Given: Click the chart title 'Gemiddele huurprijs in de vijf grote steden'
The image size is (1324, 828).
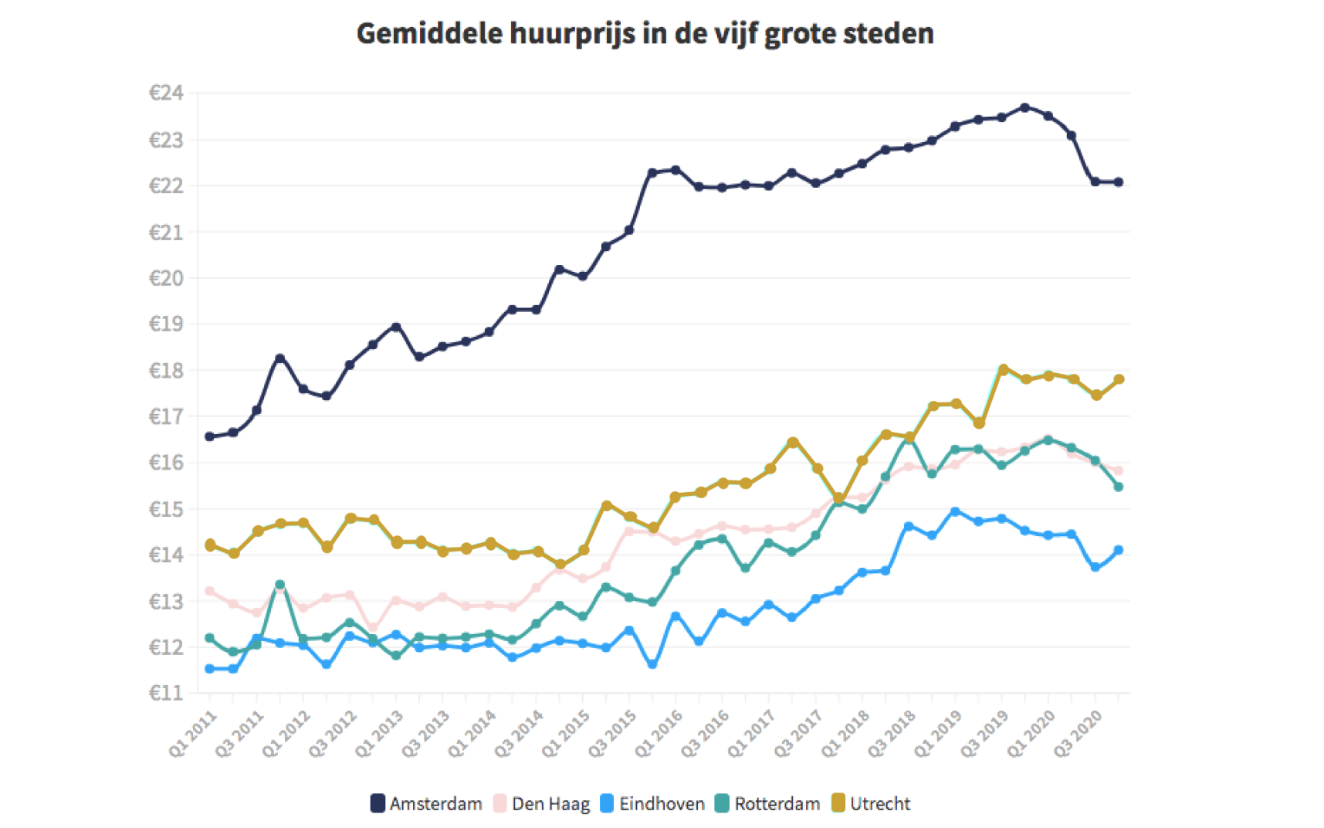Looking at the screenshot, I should click(645, 34).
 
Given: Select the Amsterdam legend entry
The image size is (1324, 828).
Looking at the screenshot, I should click(426, 803).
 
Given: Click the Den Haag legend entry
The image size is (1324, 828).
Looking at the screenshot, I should click(541, 803).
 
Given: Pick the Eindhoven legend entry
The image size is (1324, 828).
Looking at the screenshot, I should click(652, 803).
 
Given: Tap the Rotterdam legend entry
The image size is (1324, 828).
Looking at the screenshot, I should click(767, 803).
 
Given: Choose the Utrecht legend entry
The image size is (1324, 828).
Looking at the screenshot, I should click(871, 803).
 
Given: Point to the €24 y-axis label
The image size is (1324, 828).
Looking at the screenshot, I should click(166, 93).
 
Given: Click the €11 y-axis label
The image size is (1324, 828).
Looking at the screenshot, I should click(166, 693).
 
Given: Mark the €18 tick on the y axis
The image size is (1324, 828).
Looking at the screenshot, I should click(166, 371).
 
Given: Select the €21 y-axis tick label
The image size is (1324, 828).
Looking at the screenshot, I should click(166, 232).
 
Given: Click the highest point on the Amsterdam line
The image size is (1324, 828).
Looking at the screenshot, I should click(1025, 107).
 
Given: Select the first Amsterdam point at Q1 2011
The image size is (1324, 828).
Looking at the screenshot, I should click(209, 436).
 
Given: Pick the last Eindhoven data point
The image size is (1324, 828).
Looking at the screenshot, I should click(1119, 550).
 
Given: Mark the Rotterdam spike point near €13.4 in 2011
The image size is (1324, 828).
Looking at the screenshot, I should click(279, 585).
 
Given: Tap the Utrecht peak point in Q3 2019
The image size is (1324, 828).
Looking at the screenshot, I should click(1003, 369).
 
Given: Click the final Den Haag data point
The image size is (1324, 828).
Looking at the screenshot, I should click(1119, 470).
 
